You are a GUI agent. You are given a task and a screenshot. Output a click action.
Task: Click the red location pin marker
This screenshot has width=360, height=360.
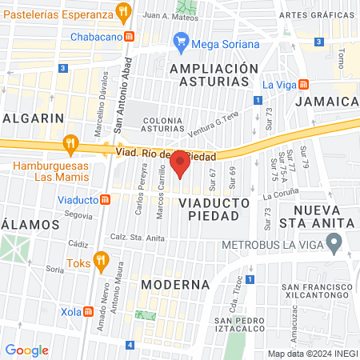[x=181, y=163]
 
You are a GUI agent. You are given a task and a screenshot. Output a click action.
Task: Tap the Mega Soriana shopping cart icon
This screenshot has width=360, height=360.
[x=181, y=44]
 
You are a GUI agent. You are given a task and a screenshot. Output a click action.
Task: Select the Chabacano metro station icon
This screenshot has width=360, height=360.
[x=130, y=37]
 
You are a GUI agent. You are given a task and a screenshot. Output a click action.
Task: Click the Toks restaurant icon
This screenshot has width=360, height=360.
[x=100, y=259]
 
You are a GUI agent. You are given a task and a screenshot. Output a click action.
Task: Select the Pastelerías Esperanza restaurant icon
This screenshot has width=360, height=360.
[x=123, y=12]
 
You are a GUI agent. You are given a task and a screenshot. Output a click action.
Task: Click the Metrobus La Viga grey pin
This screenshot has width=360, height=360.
[x=336, y=240]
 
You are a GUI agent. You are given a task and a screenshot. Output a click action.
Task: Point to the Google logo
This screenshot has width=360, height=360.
[x=26, y=350]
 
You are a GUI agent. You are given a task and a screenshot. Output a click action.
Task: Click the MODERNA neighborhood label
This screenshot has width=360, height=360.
[x=175, y=284]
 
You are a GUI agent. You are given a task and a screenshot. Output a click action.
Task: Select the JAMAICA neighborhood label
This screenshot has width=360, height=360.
[x=326, y=102]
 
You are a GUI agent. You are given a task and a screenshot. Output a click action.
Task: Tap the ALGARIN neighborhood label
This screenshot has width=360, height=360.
[x=34, y=118]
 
